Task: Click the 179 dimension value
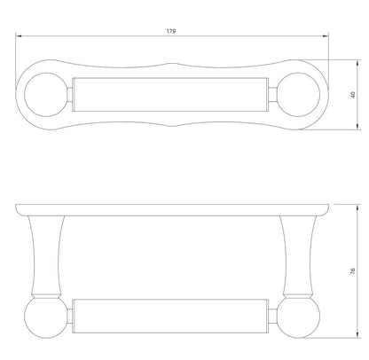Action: pos(171,31)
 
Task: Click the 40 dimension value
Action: pos(352,95)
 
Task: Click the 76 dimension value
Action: pos(352,271)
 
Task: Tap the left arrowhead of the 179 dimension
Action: pos(19,36)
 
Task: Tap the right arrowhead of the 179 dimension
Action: pos(326,36)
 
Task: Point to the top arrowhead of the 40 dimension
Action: pos(358,63)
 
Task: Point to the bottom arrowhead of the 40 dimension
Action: pos(358,127)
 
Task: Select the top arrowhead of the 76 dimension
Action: pos(358,207)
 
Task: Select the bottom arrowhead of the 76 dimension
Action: pos(358,335)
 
